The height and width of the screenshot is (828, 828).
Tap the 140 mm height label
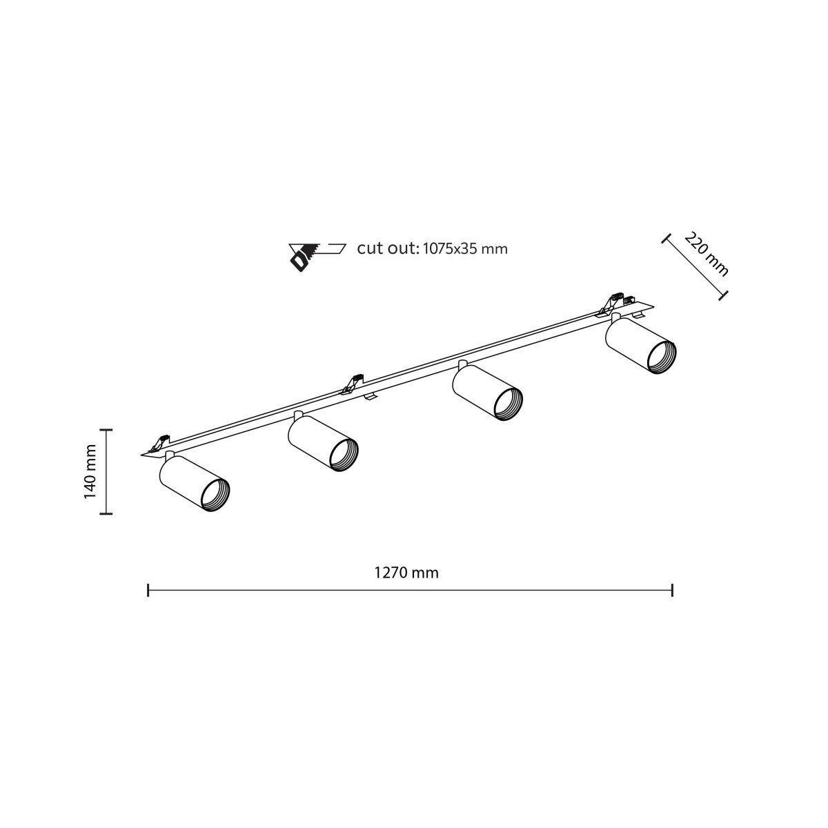coord(90,471)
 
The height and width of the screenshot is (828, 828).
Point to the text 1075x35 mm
coord(464,249)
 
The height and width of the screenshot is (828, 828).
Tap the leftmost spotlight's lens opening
coord(214,495)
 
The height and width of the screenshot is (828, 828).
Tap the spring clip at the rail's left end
coord(163,442)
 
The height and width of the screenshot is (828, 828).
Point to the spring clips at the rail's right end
coord(616,302)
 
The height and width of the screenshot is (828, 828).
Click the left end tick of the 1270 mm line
coord(148,590)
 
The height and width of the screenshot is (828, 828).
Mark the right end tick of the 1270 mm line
coord(672,590)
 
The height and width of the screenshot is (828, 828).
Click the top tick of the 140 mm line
coord(106,429)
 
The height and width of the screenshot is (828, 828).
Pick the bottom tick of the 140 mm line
coord(106,513)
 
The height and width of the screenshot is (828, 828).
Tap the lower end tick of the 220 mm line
coord(723,295)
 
